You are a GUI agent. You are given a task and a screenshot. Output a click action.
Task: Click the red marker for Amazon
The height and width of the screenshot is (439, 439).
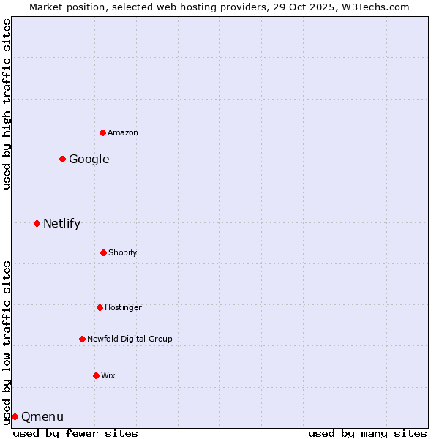102,132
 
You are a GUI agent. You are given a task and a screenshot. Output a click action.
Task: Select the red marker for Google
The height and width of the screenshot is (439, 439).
62,159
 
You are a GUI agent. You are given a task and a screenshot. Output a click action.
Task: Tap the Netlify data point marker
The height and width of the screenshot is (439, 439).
37,223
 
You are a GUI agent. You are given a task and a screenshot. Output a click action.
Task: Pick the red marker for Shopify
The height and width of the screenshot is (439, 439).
103,252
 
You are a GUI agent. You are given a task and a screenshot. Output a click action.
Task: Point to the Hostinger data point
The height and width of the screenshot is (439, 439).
100,307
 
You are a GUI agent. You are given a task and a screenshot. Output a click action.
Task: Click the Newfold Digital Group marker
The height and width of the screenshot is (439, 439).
82,339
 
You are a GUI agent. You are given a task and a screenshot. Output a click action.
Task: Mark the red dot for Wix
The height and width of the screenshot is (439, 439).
96,375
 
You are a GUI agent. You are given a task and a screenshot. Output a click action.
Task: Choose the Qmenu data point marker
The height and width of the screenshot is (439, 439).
15,416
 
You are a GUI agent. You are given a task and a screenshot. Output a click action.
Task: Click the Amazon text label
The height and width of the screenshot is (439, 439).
123,132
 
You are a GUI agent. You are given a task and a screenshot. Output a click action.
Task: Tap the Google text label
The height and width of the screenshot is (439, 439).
89,159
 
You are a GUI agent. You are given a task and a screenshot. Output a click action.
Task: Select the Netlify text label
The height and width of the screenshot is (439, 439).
62,223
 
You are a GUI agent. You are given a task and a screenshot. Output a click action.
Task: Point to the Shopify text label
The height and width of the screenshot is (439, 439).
123,252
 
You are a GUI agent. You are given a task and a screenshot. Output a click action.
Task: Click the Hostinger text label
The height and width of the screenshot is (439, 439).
123,307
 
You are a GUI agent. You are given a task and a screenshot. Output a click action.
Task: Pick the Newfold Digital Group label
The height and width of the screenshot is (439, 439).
130,339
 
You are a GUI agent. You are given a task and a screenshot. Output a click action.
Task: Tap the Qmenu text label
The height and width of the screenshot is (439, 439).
42,416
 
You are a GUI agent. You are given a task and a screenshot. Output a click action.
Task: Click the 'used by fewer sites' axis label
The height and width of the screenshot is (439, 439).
75,433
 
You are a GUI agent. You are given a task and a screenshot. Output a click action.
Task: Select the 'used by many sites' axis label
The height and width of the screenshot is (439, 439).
367,433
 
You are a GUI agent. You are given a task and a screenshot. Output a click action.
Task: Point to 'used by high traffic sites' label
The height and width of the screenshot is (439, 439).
7,104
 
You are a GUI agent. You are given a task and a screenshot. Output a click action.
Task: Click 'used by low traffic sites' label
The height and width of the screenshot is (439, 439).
7,342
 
